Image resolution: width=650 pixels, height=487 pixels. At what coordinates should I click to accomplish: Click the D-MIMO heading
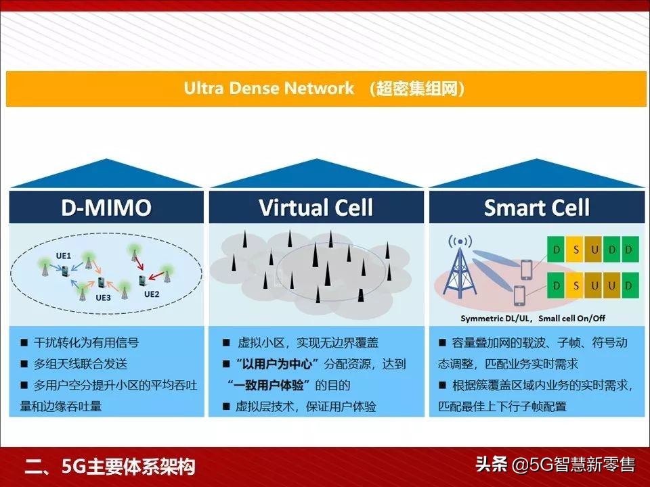106,207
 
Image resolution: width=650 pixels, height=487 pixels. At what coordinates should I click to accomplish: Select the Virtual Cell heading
316,207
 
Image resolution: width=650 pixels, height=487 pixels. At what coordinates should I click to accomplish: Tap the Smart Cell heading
537,207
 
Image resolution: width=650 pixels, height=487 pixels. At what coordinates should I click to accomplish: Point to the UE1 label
64,256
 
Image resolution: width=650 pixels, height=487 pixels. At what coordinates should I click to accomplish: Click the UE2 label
152,294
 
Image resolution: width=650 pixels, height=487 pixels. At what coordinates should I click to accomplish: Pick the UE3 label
103,298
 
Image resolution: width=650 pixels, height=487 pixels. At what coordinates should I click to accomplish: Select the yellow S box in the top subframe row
576,250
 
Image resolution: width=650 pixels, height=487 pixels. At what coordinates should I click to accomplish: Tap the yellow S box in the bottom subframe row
576,285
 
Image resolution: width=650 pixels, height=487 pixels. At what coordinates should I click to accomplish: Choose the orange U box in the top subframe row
594,250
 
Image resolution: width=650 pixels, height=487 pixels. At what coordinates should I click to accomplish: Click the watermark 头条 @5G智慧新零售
555,465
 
